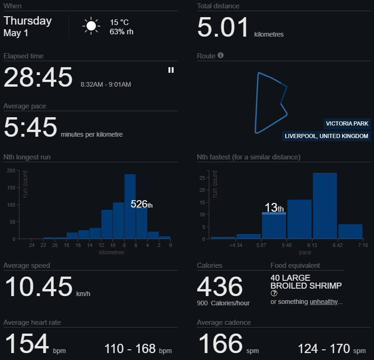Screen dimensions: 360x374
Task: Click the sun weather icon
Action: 91,26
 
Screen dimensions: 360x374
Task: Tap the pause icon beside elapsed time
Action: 171,70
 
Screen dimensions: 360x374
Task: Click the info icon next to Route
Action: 221,56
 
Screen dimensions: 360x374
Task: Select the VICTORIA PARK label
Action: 347,124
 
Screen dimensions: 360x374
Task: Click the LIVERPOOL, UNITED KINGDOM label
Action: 326,136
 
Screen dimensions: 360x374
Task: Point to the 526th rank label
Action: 141,204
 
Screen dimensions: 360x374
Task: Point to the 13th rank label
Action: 274,208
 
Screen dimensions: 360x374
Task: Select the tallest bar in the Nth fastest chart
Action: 324,206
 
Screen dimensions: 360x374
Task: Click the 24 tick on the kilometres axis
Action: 31,245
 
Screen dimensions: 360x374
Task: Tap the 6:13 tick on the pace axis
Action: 311,245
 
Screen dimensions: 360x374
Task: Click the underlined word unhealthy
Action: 326,302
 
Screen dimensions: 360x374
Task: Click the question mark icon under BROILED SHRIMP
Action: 274,293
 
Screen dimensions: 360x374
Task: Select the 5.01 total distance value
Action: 223,27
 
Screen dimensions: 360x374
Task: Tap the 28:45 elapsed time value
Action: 38,77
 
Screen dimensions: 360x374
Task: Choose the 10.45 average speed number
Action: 39,286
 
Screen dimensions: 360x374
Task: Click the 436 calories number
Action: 220,286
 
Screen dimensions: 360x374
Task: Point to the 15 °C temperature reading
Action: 119,22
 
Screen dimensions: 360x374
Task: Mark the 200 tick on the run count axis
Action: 10,171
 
